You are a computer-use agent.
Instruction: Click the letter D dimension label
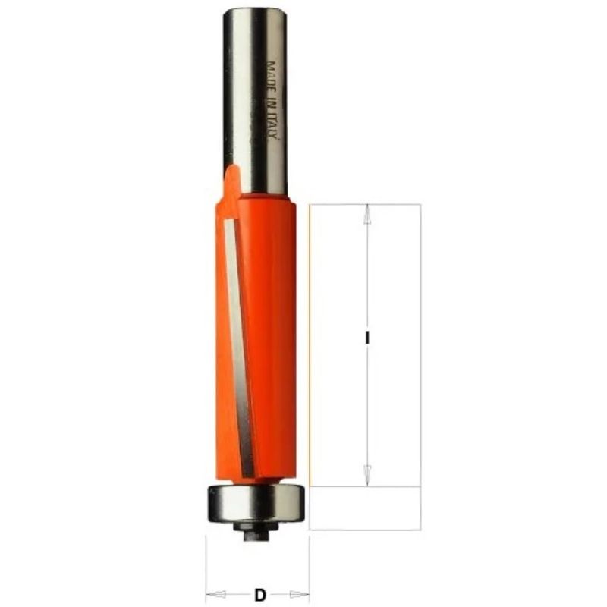click(260, 594)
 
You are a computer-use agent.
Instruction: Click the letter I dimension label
click(366, 338)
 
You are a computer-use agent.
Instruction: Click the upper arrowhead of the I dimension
click(366, 215)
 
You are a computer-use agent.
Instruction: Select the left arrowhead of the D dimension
click(215, 594)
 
